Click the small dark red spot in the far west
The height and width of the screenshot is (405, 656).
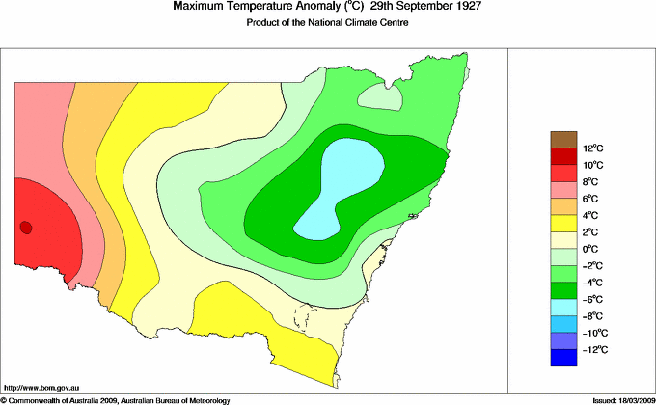coord(26,228)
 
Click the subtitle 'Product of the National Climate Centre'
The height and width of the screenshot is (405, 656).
coord(327,23)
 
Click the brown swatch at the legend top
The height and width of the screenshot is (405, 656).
coord(563,140)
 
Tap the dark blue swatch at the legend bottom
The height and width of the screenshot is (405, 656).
coord(563,358)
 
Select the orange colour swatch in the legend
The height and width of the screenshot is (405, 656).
coord(563,206)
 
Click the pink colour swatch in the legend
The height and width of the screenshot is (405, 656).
coord(563,190)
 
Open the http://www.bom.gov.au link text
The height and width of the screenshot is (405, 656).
coord(41,387)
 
